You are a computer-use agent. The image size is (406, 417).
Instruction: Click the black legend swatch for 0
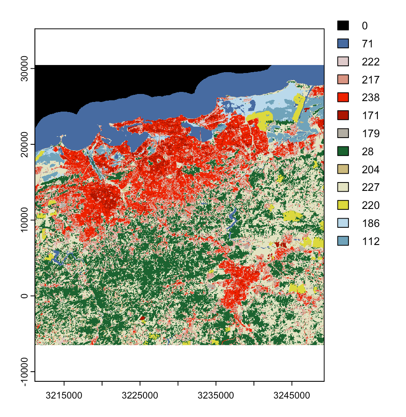click(343, 26)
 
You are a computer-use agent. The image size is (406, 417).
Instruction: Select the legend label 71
click(367, 44)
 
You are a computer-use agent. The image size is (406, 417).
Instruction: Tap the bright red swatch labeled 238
click(343, 98)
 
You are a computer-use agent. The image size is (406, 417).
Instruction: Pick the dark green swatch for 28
click(343, 151)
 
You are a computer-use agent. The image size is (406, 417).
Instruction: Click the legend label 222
click(371, 62)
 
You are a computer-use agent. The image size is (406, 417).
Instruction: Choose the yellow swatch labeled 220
click(343, 205)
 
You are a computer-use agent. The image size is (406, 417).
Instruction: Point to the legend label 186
click(371, 223)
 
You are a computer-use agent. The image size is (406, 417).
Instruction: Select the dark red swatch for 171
click(343, 115)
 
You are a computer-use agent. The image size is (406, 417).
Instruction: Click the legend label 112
click(371, 241)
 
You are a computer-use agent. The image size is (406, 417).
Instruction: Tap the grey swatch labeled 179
click(343, 133)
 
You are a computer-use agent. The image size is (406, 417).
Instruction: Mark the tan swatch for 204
click(343, 169)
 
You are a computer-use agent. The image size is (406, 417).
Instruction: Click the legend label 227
click(371, 188)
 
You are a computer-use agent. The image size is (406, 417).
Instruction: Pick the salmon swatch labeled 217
click(343, 80)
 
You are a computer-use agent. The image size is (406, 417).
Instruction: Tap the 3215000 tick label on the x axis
click(64, 396)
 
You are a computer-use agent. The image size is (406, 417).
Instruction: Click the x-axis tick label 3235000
click(216, 396)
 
